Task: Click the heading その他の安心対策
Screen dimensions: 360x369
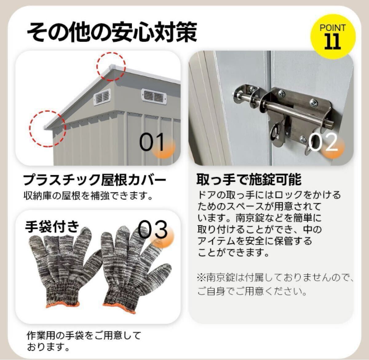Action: tap(111, 32)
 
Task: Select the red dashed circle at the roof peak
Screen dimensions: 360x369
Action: tap(111, 66)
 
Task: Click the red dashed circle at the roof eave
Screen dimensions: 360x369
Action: tap(47, 128)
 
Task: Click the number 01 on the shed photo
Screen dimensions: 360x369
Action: tap(153, 142)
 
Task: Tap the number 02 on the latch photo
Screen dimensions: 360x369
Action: tap(323, 143)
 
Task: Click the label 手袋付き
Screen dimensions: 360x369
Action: tap(52, 227)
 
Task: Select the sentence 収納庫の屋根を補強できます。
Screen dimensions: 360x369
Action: tap(88, 196)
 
